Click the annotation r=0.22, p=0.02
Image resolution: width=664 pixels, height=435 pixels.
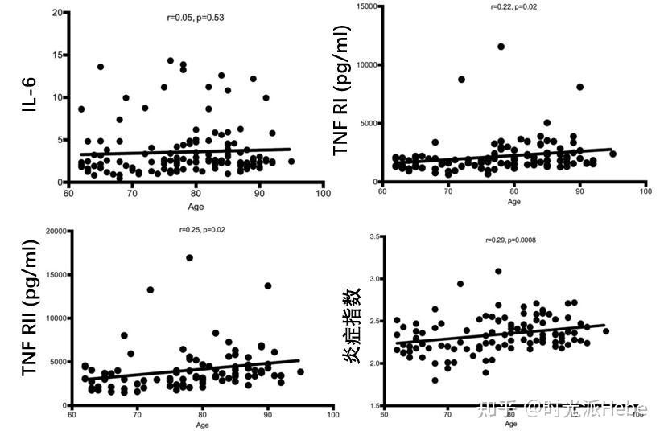coord(513,7)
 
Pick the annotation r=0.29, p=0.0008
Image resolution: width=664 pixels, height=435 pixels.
coord(510,240)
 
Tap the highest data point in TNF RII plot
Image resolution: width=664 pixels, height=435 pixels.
coord(189,258)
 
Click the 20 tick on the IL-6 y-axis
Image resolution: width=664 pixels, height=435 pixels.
coord(57,13)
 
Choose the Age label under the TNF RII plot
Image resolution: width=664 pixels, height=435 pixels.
coord(202,425)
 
